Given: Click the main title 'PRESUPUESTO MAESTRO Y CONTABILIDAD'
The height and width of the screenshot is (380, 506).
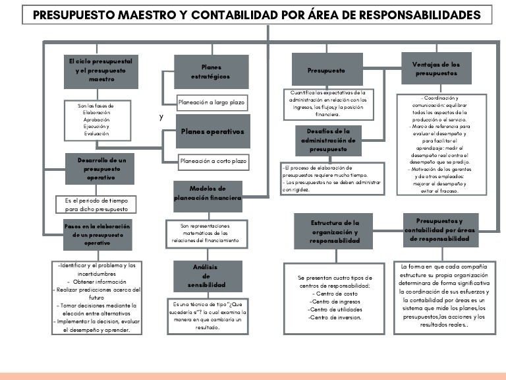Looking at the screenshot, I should pos(256,15).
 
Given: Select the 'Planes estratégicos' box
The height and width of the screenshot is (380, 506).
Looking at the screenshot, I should pos(211,72).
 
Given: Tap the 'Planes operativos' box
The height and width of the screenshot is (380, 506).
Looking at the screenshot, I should pos(212,131).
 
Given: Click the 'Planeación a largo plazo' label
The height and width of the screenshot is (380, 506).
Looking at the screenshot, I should pos(211,102).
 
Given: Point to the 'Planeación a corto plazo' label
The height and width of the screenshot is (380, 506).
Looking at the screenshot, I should pos(213,160).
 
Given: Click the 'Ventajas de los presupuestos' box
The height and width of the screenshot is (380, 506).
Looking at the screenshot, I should pos(436,69).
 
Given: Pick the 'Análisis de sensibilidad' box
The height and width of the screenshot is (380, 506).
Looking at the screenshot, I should pos(206,276).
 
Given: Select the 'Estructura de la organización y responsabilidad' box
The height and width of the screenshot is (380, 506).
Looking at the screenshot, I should pos(335,232).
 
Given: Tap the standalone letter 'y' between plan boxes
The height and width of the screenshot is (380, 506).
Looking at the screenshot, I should pos(161,117).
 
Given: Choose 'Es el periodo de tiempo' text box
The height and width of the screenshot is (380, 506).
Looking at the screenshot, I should pos(96,204).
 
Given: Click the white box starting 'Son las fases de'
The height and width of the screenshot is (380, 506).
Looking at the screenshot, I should pos(96,119).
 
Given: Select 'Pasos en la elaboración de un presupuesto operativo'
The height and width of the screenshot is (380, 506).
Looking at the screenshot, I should pos(97,234).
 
